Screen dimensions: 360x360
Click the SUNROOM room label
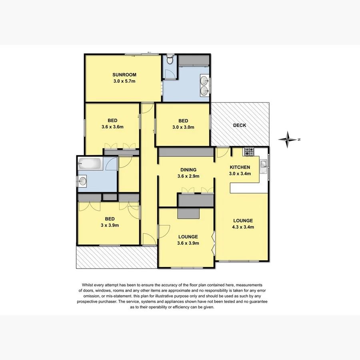click(x=124, y=75)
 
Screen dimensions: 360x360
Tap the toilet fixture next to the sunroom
click(x=170, y=60)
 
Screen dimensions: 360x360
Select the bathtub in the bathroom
click(x=91, y=164)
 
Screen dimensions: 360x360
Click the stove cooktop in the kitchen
click(x=249, y=152)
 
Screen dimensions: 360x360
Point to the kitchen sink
click(x=264, y=165)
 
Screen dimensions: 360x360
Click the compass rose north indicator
click(x=289, y=140)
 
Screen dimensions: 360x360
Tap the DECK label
click(x=240, y=125)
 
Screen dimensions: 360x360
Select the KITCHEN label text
click(x=240, y=167)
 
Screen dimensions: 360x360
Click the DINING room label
click(x=188, y=170)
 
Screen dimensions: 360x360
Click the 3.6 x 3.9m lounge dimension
click(x=188, y=243)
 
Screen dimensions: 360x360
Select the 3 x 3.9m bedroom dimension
click(x=110, y=225)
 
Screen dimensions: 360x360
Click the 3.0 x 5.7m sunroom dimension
click(x=124, y=81)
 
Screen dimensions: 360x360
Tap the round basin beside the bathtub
click(x=83, y=181)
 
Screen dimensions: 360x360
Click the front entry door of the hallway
click(x=149, y=240)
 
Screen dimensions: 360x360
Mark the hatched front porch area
click(x=116, y=257)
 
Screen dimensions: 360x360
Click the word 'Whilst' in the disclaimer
click(x=89, y=284)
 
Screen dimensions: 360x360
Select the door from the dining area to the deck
click(x=222, y=152)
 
